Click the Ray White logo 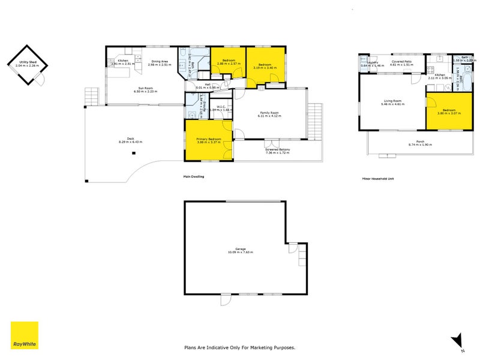pyautogui.click(x=25, y=335)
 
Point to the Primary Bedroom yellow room pyautogui.click(x=208, y=140)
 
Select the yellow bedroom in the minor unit pyautogui.click(x=449, y=111)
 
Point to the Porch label pyautogui.click(x=420, y=143)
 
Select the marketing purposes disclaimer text pyautogui.click(x=239, y=347)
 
